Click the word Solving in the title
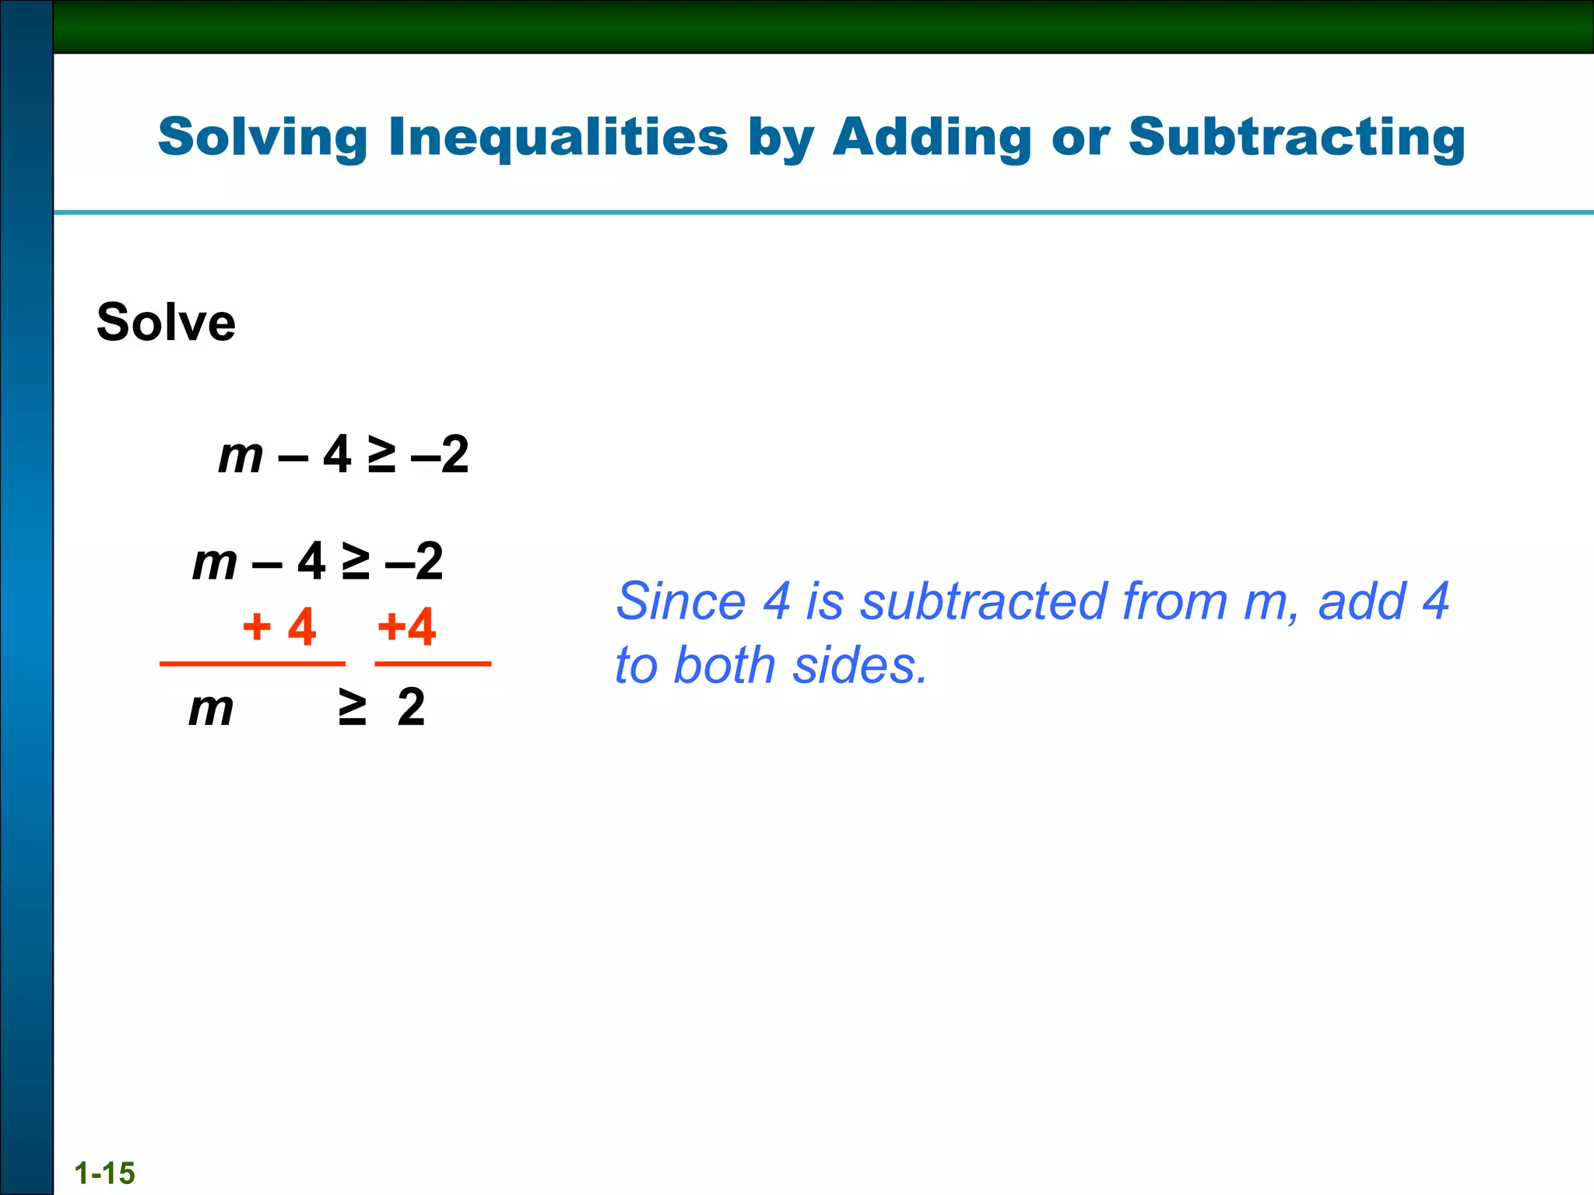[x=262, y=138]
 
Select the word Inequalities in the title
[x=557, y=138]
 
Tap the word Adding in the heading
[x=932, y=138]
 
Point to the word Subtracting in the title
[x=1297, y=138]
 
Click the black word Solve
[x=166, y=322]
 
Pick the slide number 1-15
[x=105, y=1172]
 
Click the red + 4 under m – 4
[x=279, y=627]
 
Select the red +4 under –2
[x=406, y=627]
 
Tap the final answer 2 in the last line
[x=411, y=707]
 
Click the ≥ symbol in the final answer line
[x=352, y=707]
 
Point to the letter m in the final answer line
[x=211, y=709]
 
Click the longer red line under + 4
[x=252, y=664]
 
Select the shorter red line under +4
[x=433, y=664]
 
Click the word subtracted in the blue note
[x=984, y=601]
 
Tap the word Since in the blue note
[x=681, y=601]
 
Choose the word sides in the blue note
[x=859, y=666]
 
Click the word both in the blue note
[x=725, y=666]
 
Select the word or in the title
[x=1080, y=138]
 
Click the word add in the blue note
[x=1361, y=601]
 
